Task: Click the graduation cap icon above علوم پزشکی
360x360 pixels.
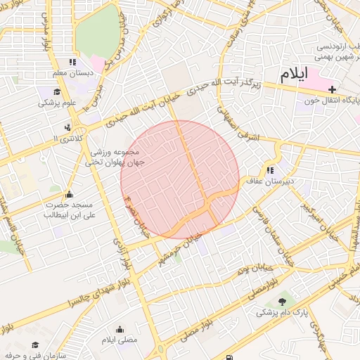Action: tap(56, 91)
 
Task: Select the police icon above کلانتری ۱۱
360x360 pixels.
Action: tap(67, 127)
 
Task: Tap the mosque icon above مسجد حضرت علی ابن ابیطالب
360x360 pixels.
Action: tap(68, 194)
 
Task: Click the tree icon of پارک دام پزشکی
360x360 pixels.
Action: tap(282, 302)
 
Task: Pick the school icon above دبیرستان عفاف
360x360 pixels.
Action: tap(269, 170)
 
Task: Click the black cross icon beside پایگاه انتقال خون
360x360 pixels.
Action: tap(332, 89)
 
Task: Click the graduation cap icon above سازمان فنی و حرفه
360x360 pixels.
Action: tap(35, 345)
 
